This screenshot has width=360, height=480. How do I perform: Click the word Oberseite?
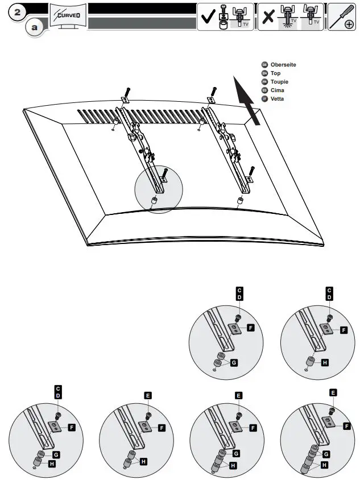pyautogui.click(x=283, y=65)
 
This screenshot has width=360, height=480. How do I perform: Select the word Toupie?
pyautogui.click(x=280, y=82)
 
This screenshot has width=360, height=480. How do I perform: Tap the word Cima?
pyautogui.click(x=278, y=90)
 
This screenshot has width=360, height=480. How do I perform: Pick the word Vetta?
pyautogui.click(x=278, y=99)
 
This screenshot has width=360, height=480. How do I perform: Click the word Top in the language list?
pyautogui.click(x=275, y=73)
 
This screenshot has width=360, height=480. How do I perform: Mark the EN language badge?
pyautogui.click(x=264, y=73)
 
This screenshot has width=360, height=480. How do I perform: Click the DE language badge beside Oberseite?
pyautogui.click(x=264, y=65)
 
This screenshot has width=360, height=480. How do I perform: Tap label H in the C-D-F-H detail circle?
pyautogui.click(x=325, y=362)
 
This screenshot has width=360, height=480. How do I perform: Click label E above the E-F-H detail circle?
pyautogui.click(x=148, y=395)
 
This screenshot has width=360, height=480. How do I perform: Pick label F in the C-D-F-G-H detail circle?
pyautogui.click(x=72, y=426)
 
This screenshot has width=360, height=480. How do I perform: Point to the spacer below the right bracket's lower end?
pyautogui.click(x=240, y=200)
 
